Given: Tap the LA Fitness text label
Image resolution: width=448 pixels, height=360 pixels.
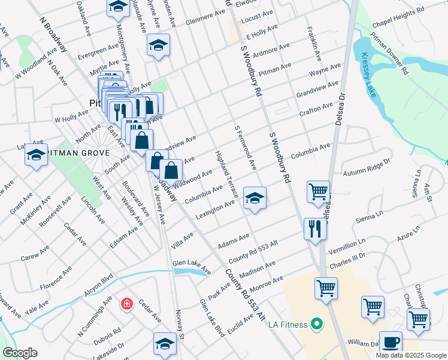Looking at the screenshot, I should tap(284, 325).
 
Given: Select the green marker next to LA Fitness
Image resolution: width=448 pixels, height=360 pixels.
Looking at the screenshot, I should tap(316, 325).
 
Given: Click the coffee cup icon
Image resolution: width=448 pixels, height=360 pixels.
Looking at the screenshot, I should tap(391, 342).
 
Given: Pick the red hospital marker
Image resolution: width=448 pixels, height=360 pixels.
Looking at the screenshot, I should tap(126, 304).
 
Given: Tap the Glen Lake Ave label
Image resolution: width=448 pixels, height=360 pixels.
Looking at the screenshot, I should tap(192, 267).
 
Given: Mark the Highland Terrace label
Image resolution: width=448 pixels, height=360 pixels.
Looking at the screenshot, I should tap(226, 174).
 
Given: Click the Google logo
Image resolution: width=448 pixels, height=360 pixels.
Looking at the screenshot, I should tap(20, 353).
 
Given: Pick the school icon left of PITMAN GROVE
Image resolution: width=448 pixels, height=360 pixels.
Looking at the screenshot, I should tap(36, 155).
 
